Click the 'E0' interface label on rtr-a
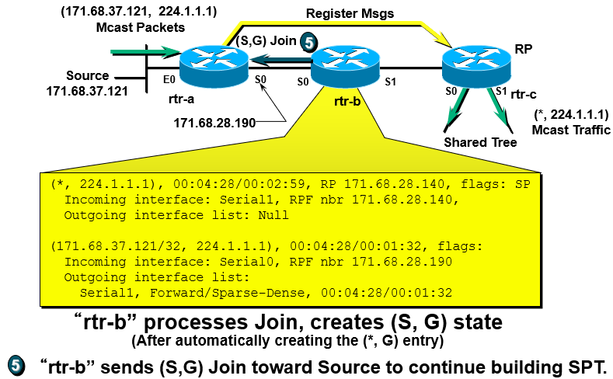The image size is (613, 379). coord(167,79)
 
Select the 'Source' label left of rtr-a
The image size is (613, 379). coord(87,76)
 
